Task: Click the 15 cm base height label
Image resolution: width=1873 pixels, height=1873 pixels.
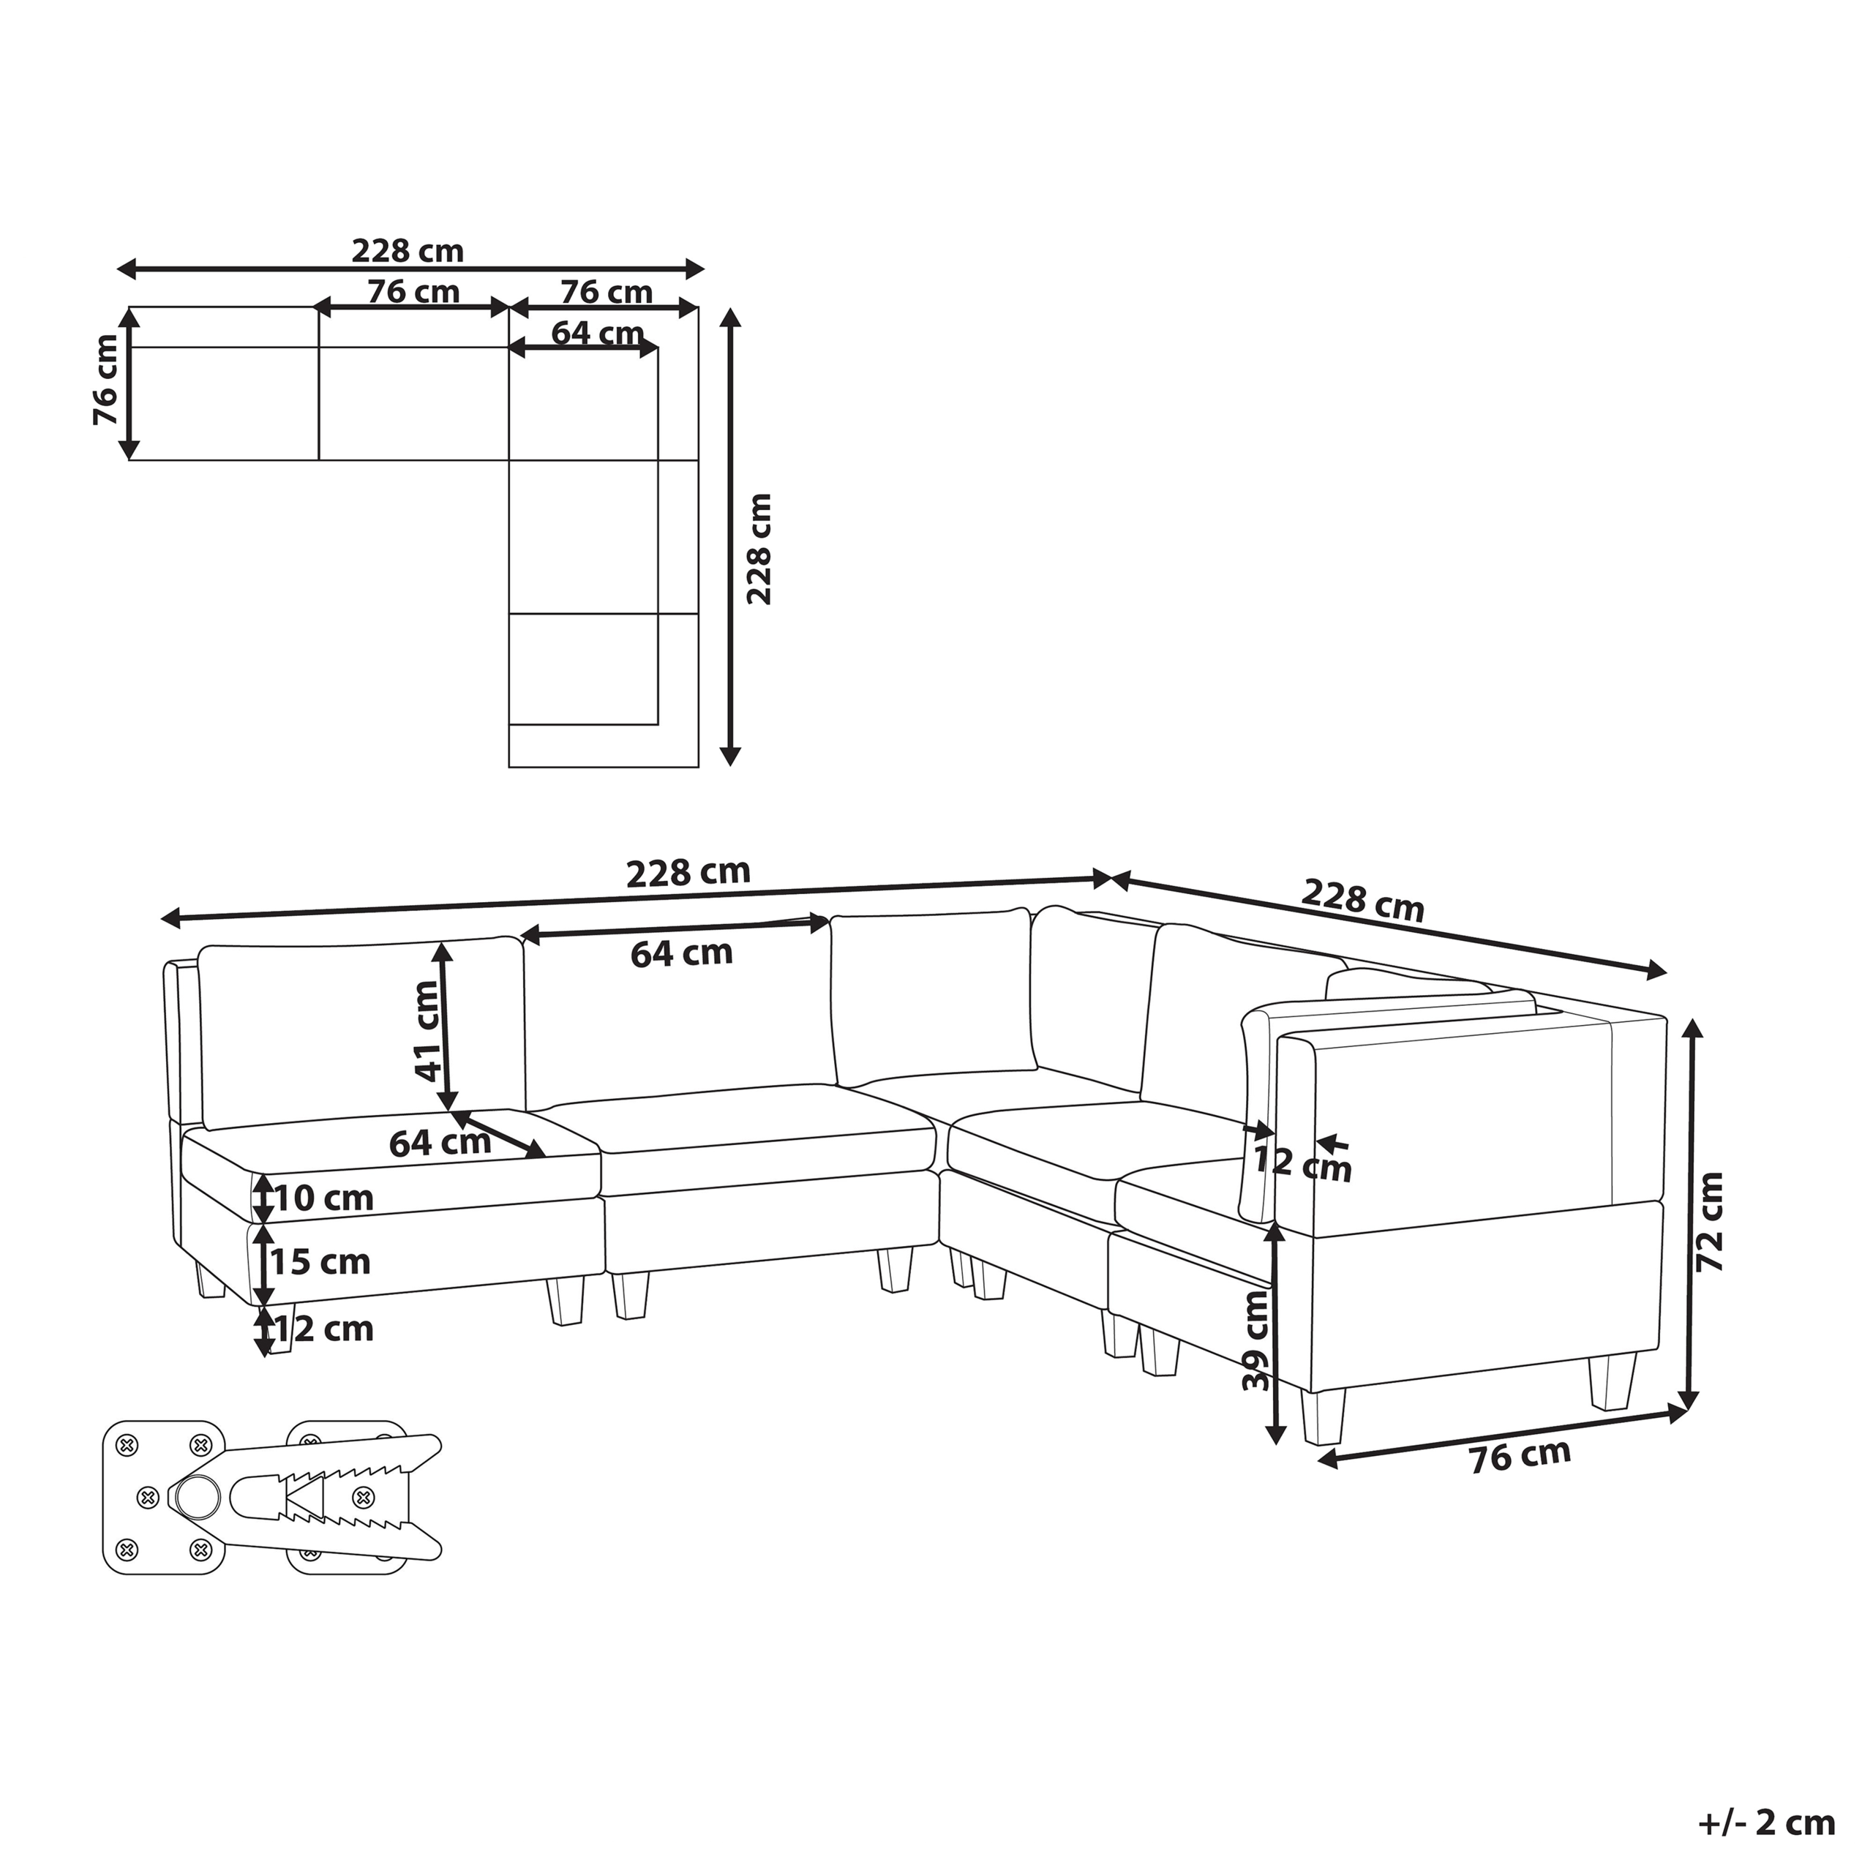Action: point(320,1262)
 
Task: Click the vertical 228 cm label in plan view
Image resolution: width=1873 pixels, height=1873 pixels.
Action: point(759,549)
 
